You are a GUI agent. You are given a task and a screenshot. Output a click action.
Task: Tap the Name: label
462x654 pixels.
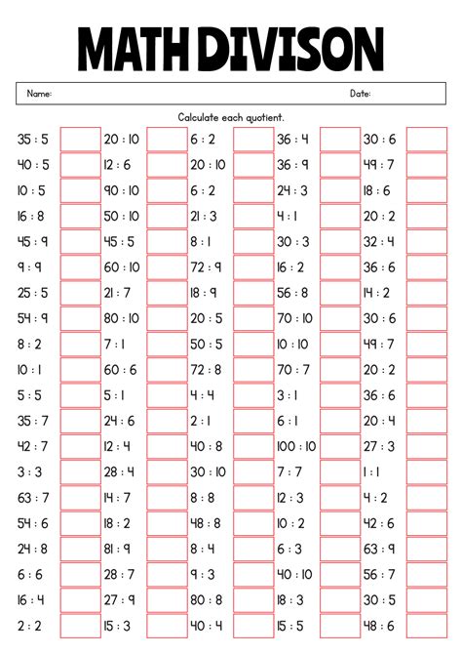point(39,94)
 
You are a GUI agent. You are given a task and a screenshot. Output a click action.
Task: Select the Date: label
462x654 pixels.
point(360,94)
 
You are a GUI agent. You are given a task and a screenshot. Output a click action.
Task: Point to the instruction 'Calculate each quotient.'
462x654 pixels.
point(231,117)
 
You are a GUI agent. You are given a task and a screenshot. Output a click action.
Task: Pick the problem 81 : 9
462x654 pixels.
point(117,548)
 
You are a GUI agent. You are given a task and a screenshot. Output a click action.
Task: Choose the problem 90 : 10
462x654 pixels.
point(121,190)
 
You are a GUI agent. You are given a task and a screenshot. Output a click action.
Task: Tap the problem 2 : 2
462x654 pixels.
point(29,625)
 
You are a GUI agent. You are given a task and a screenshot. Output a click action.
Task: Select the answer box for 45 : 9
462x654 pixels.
point(81,242)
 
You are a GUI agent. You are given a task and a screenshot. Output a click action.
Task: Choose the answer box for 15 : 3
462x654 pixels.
point(167,625)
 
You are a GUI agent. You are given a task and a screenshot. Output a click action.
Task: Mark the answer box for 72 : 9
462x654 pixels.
point(253,267)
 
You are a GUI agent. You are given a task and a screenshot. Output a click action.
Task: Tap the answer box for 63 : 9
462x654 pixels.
point(426,549)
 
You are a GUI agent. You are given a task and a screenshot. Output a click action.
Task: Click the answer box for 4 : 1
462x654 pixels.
point(339,217)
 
